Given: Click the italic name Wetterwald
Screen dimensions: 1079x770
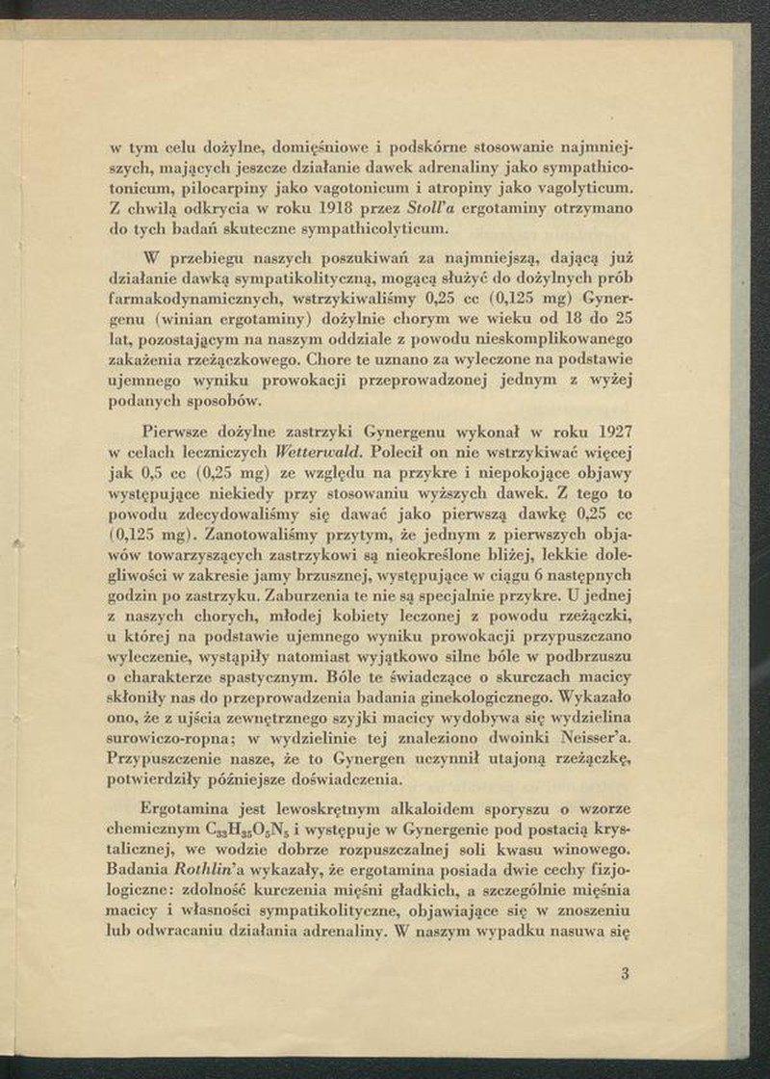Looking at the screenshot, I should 318,451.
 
